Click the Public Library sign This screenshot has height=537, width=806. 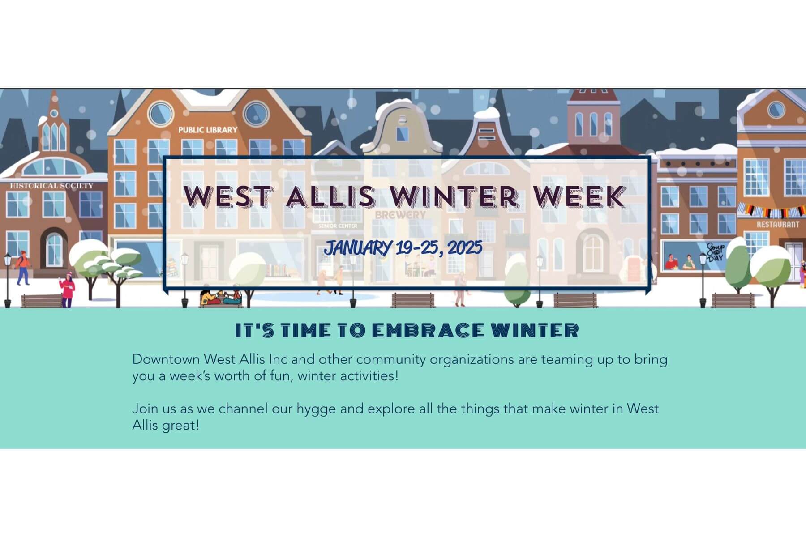click(208, 130)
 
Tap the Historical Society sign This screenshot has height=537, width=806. click(52, 186)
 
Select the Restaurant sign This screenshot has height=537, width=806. click(778, 224)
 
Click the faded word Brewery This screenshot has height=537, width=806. click(400, 215)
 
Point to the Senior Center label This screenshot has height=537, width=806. click(338, 226)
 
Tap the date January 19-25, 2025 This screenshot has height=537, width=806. click(403, 247)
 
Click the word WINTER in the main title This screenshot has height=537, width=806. click(455, 196)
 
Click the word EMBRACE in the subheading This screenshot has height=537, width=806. click(428, 331)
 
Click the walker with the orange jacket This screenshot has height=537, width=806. click(22, 268)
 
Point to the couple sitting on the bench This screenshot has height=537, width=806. click(221, 297)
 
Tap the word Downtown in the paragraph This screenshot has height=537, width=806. click(166, 359)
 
